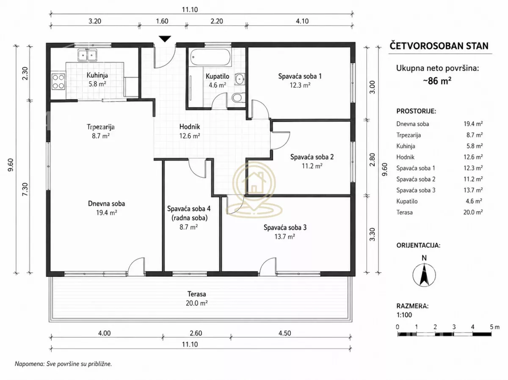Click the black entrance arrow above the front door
click(165, 39)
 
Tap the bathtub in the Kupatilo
click(210, 57)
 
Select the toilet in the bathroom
click(238, 98)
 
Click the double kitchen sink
click(87, 55)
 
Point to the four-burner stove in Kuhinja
click(58, 82)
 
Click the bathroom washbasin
click(240, 79)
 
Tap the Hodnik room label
click(190, 126)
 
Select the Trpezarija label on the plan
click(101, 127)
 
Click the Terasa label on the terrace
click(196, 294)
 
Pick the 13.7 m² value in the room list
click(473, 190)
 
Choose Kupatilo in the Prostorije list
click(407, 201)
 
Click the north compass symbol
click(424, 275)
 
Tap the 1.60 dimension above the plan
click(162, 21)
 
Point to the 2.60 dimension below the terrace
click(196, 333)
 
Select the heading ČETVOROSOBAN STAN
click(439, 46)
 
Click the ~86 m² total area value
click(437, 81)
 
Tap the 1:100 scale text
click(404, 315)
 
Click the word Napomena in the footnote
click(29, 364)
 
